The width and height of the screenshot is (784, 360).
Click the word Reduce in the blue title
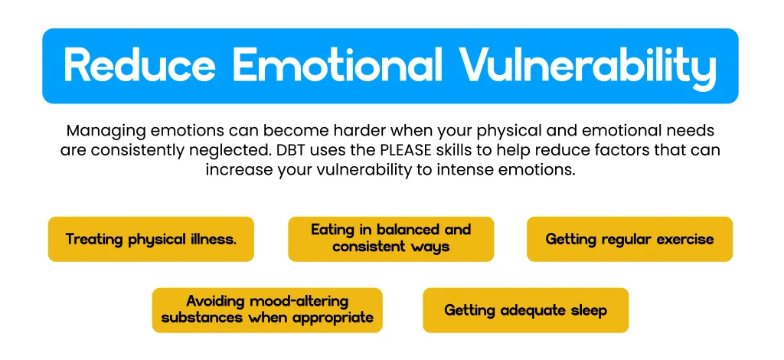(140, 66)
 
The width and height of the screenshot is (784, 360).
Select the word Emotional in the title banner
(338, 66)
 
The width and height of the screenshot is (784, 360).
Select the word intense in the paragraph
(462, 169)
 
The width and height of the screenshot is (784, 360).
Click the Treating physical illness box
(151, 239)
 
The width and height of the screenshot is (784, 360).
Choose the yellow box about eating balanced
(391, 239)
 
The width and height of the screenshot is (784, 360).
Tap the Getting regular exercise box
(629, 239)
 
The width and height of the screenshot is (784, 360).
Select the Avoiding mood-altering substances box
(267, 310)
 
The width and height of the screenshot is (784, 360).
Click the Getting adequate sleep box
(525, 310)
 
